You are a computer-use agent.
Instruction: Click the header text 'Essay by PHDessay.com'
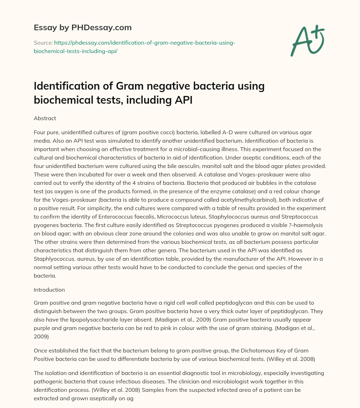(x=83, y=27)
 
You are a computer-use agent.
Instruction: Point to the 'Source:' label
(x=43, y=43)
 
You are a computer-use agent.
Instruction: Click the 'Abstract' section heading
(x=45, y=118)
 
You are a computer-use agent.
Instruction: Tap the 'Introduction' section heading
(x=49, y=290)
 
